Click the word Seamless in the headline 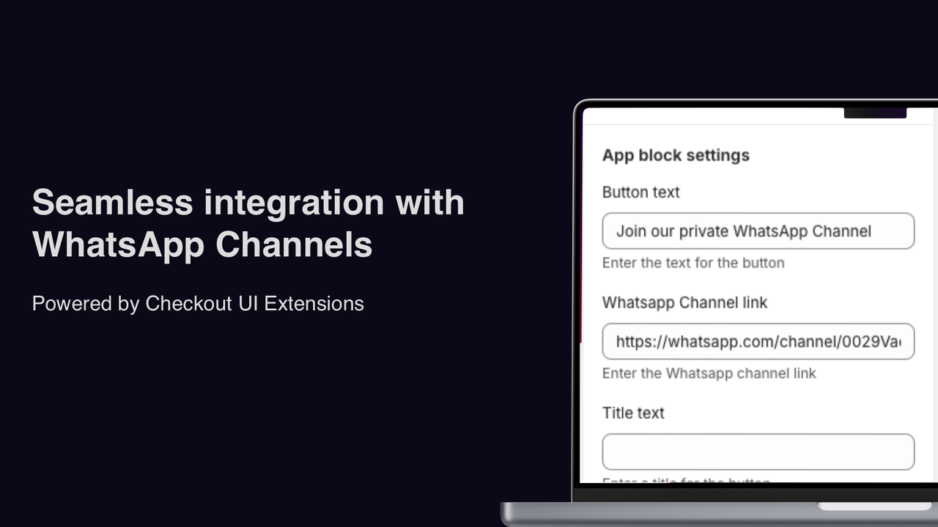[112, 203]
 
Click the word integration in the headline [294, 203]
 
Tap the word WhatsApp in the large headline [118, 245]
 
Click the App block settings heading [676, 155]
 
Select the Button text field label [640, 192]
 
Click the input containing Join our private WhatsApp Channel [758, 231]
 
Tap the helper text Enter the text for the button [693, 263]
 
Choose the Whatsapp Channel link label [684, 302]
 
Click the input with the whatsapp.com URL [758, 341]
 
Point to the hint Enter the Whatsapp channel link [709, 373]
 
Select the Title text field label [633, 413]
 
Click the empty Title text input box [758, 452]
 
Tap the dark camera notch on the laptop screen [875, 113]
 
